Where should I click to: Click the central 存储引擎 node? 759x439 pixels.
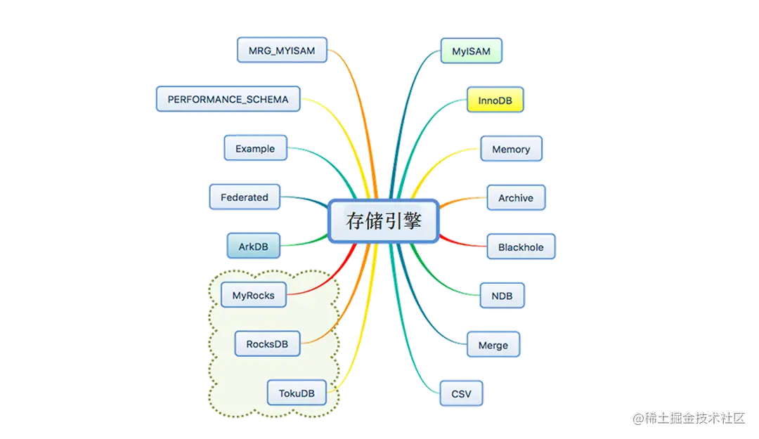[384, 221]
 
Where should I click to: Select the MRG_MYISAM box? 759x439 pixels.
[282, 51]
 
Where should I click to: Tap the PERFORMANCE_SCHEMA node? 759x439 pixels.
[228, 100]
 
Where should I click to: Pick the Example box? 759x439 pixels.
[255, 149]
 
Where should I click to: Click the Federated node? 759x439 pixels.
[245, 197]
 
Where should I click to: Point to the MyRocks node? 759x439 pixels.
[253, 296]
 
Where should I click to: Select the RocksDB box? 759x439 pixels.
[267, 344]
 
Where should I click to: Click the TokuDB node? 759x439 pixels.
[297, 393]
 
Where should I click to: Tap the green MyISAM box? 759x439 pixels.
[471, 51]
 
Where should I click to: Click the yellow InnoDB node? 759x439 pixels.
[495, 100]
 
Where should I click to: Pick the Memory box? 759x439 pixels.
[511, 150]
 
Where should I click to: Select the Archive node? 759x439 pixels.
[516, 198]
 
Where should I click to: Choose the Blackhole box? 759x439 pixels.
[521, 247]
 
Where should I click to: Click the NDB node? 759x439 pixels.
[502, 296]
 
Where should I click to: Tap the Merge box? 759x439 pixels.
[493, 346]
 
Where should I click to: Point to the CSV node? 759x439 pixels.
[461, 394]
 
